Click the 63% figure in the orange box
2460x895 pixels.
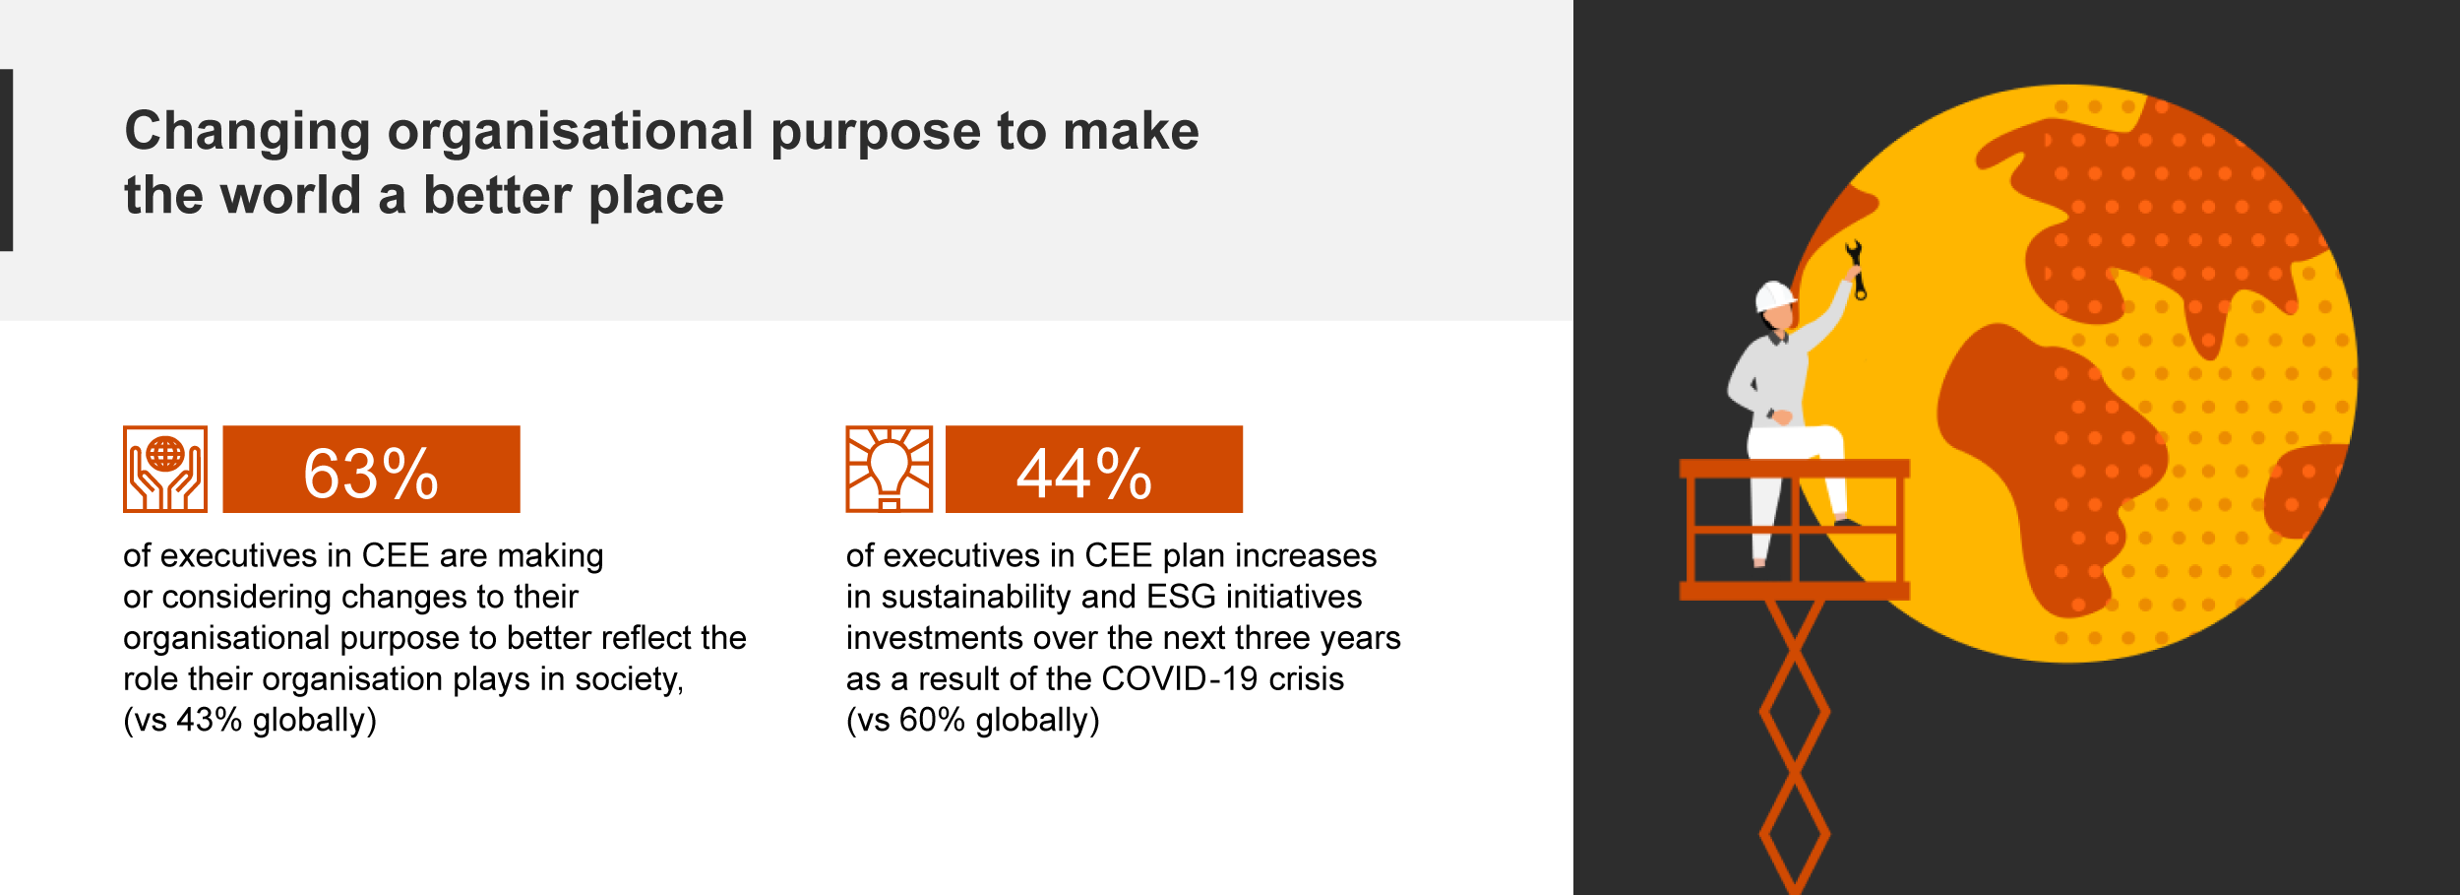371,474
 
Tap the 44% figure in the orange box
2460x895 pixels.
1084,474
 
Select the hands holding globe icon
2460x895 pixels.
165,469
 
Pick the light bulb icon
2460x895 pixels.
890,469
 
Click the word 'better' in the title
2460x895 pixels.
498,195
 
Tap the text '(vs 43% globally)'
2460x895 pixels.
250,720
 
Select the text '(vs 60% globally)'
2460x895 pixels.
973,720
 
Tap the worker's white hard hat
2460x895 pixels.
1775,295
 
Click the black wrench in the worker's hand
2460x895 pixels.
1856,269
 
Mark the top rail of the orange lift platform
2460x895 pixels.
1794,469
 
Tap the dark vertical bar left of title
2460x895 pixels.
6,160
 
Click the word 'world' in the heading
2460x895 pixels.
290,195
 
